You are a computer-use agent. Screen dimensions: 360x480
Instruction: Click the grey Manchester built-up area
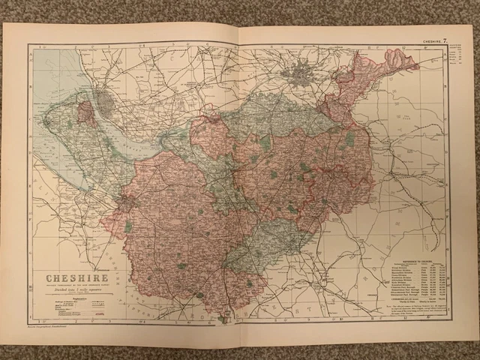[x=304, y=76]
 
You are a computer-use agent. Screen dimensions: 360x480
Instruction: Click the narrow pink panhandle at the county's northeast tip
[x=397, y=60]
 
